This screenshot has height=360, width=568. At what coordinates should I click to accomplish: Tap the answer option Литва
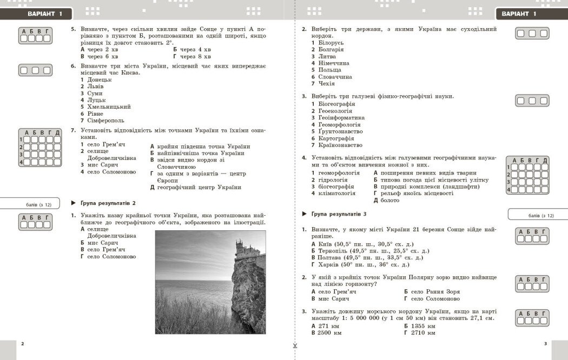click(327, 56)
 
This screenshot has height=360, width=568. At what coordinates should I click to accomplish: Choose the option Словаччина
click(335, 77)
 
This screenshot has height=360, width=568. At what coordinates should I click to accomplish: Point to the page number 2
click(22, 344)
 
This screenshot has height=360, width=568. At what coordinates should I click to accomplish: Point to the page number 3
click(545, 344)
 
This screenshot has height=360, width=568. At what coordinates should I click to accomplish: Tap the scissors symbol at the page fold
click(295, 346)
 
